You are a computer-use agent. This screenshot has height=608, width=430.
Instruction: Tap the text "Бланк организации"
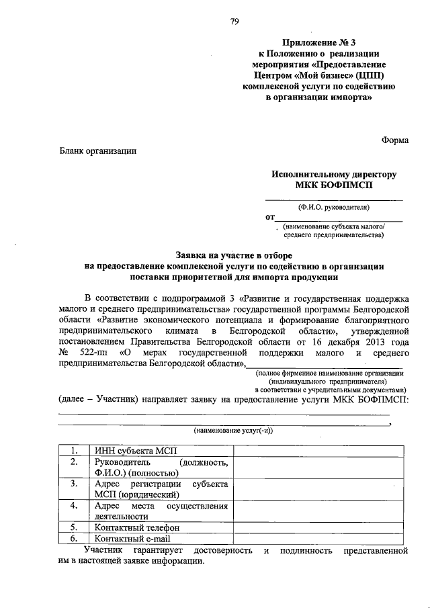pos(97,151)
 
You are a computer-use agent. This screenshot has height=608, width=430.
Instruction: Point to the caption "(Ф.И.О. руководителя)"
pos(334,208)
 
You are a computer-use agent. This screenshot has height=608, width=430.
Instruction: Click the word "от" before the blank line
pos(271,218)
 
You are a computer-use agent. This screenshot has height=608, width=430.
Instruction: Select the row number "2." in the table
pos(75,463)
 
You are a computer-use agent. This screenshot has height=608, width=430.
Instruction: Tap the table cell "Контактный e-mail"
pos(133,538)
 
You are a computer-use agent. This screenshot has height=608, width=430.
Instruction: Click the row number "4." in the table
pos(75,505)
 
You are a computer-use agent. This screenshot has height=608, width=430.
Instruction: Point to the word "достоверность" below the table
pos(220,551)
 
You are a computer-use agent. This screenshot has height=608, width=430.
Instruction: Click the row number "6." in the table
pos(75,538)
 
